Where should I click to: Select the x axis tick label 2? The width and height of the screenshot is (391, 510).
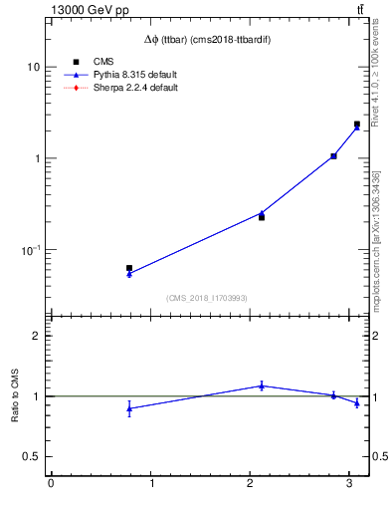[251, 485]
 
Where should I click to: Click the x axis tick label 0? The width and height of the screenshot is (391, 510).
[51, 485]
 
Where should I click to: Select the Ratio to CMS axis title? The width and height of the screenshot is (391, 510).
[16, 395]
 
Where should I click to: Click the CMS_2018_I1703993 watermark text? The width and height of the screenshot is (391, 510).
[207, 298]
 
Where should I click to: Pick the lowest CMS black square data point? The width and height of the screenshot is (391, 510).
[129, 268]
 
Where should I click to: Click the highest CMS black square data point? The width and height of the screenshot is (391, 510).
[357, 125]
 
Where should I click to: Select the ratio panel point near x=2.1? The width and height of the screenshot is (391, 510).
[262, 385]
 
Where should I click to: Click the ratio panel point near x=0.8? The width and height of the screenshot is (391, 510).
[129, 408]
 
